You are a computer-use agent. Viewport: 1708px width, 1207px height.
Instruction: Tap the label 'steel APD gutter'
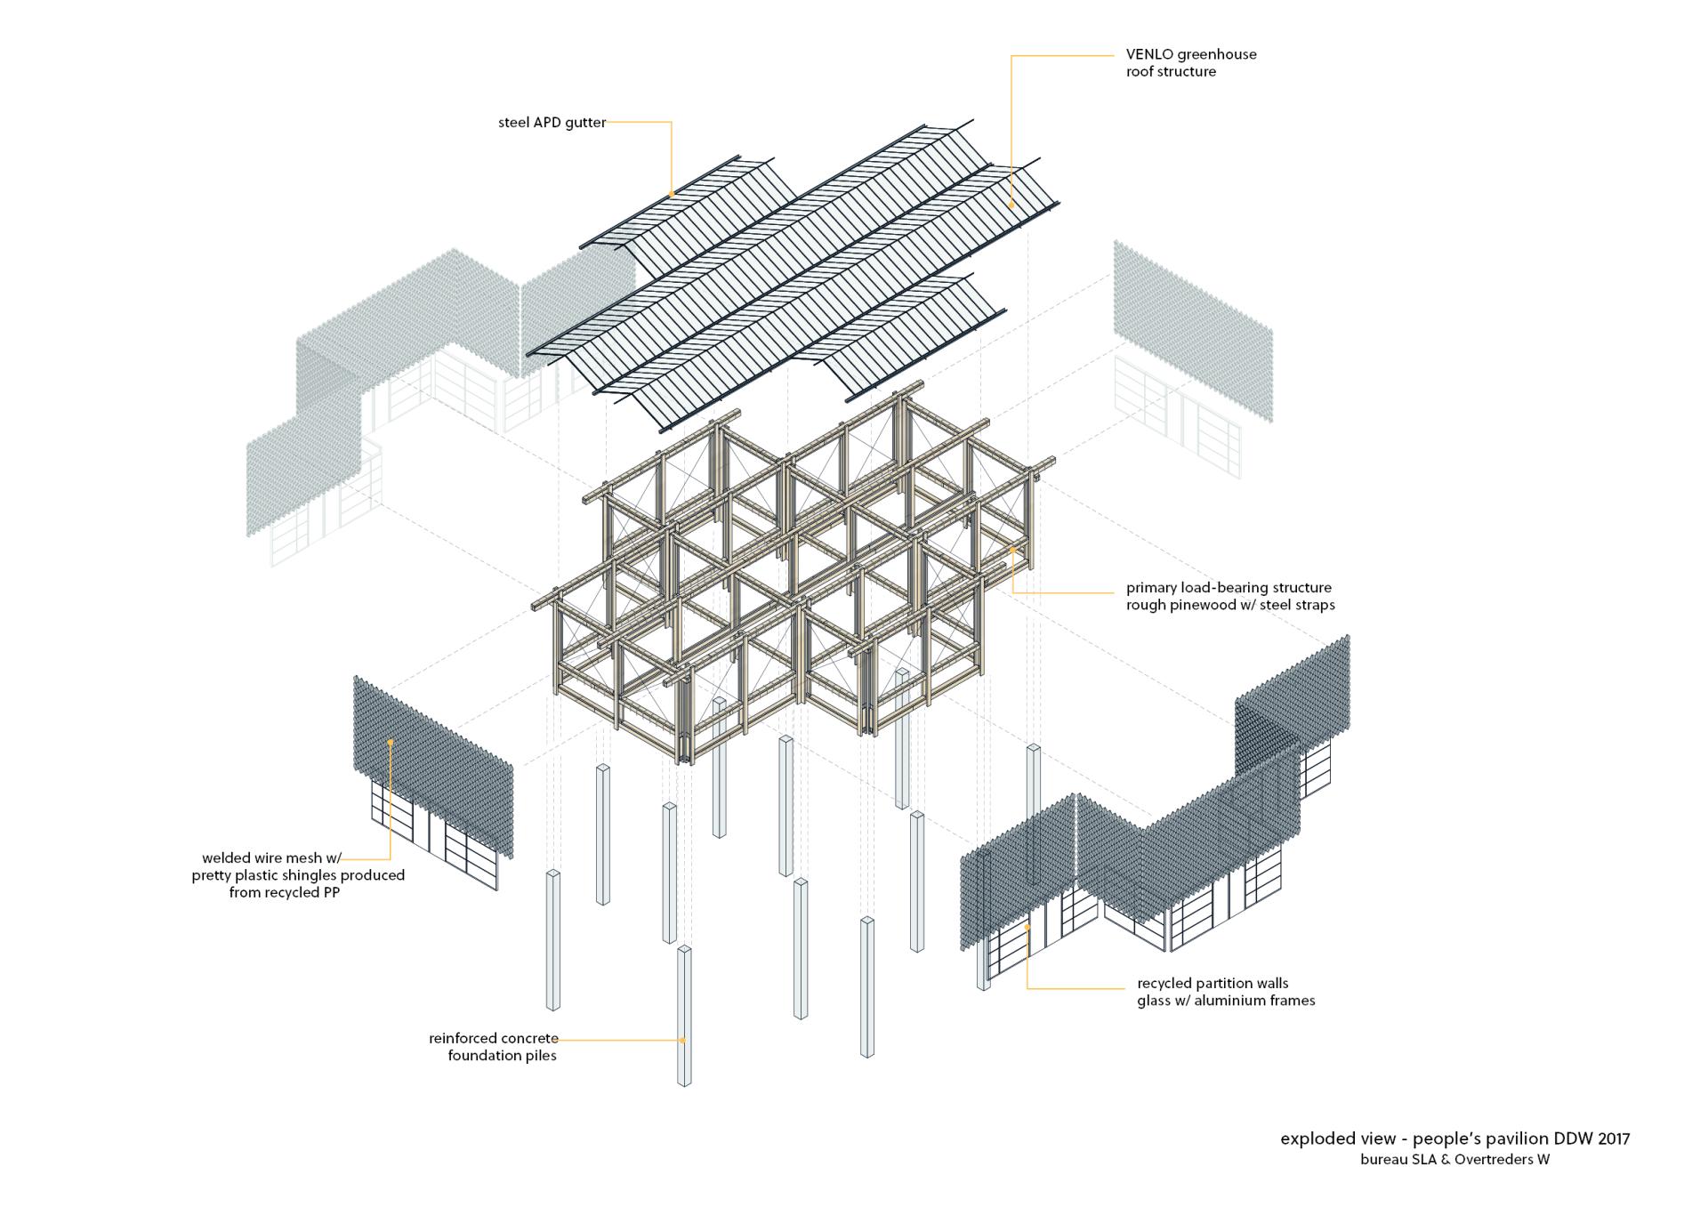(552, 123)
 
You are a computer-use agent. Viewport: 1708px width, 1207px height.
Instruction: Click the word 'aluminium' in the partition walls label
(1227, 1001)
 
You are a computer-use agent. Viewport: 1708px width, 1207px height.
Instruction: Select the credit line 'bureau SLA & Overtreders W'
(1454, 1159)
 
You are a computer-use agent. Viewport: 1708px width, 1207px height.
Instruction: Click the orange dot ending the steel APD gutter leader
(672, 194)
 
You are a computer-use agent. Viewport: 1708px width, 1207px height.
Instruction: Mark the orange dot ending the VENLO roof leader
(1011, 205)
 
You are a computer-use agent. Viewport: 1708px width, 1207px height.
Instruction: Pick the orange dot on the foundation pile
(683, 1039)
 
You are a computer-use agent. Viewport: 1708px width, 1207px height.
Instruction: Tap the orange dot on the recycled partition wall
(1027, 928)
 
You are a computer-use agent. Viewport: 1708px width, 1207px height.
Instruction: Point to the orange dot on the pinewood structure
(1012, 550)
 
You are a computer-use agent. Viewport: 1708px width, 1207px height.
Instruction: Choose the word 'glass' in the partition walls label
(1156, 1001)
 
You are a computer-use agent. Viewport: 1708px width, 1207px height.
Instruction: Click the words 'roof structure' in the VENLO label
(1171, 72)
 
